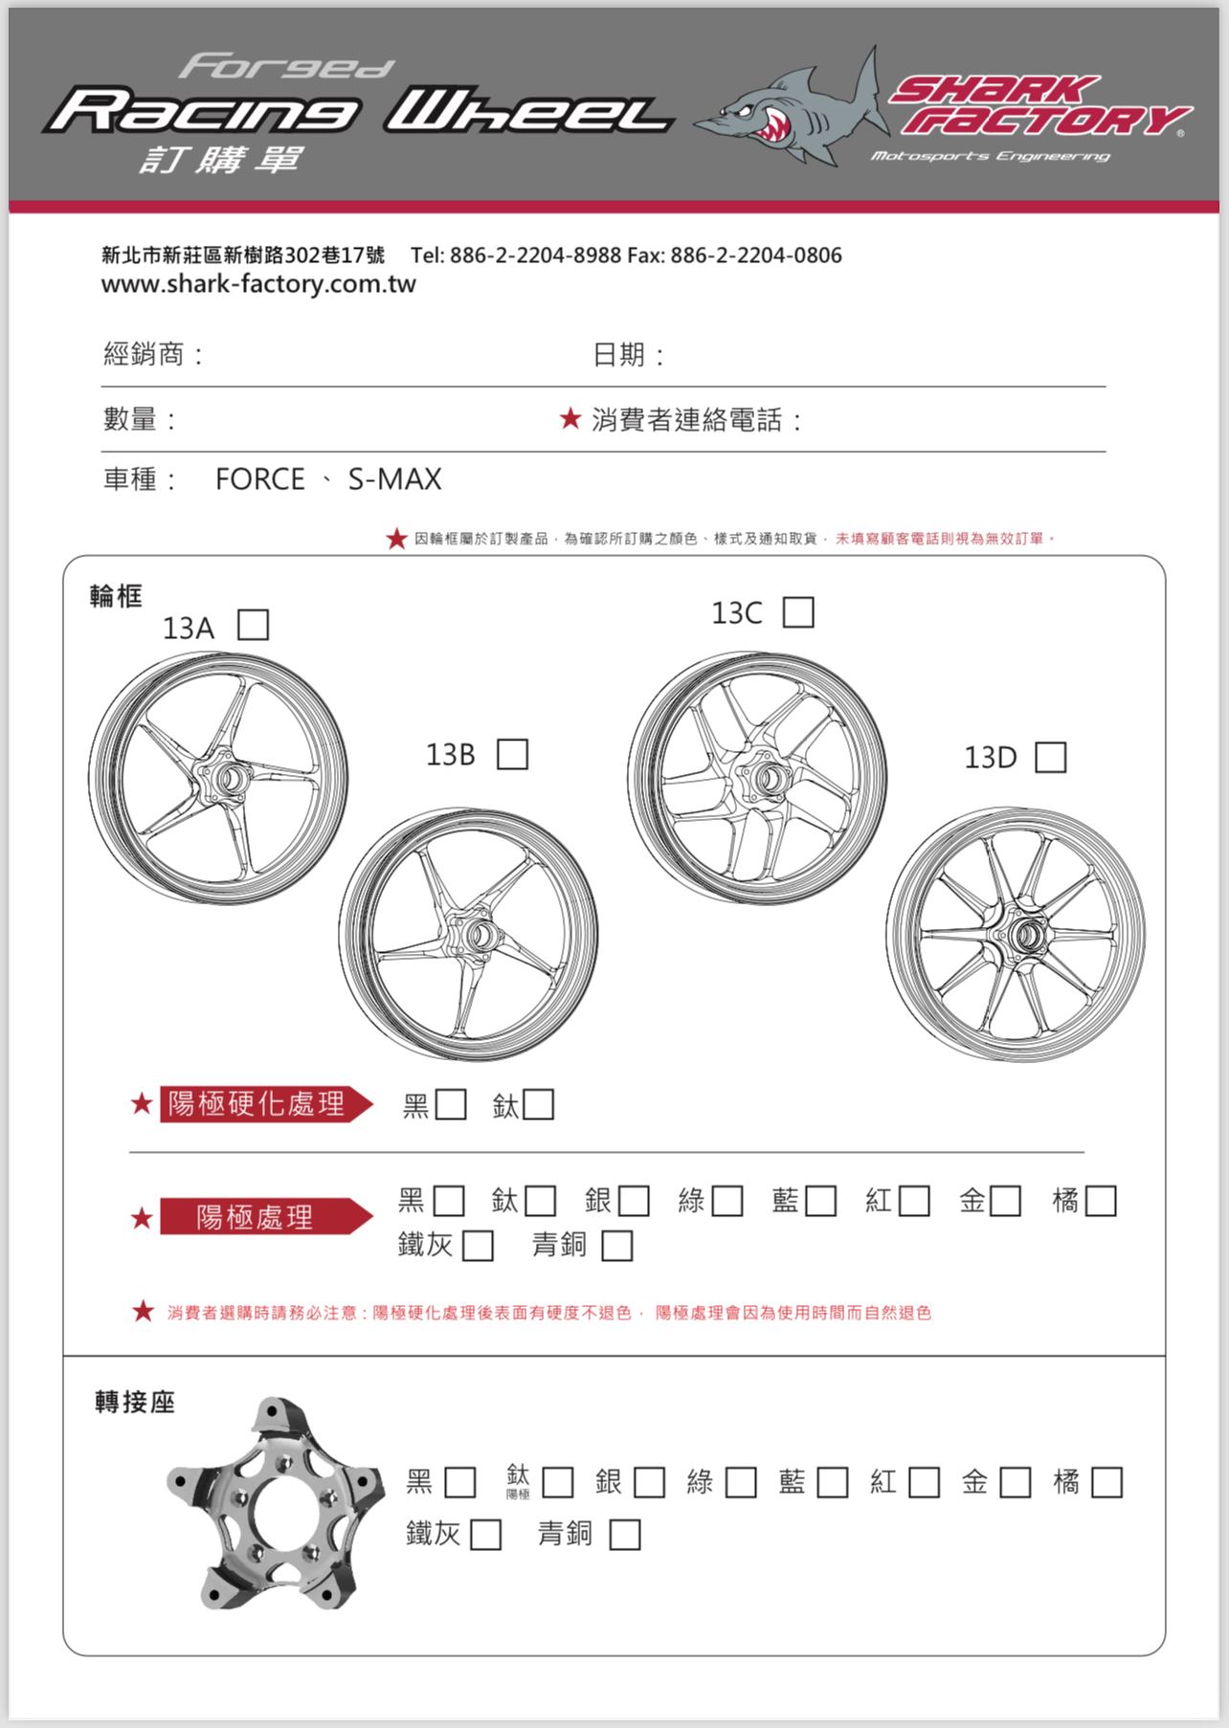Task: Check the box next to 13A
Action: tap(253, 626)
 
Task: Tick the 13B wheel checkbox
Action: tap(512, 754)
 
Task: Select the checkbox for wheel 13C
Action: tap(798, 612)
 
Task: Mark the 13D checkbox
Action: tap(1050, 757)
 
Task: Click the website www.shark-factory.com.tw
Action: tap(258, 284)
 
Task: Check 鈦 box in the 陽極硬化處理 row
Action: tap(538, 1105)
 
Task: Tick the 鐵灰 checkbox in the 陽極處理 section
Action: tap(478, 1246)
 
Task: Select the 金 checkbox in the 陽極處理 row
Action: tap(1005, 1201)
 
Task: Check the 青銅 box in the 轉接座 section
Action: tap(625, 1535)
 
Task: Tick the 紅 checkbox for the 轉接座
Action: tap(924, 1483)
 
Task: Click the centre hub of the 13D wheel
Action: tap(1023, 935)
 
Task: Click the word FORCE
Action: tap(259, 479)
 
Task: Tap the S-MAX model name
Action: tap(394, 479)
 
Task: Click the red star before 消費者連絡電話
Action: tap(570, 418)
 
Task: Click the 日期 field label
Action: tap(619, 355)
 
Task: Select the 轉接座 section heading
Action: tap(135, 1403)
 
